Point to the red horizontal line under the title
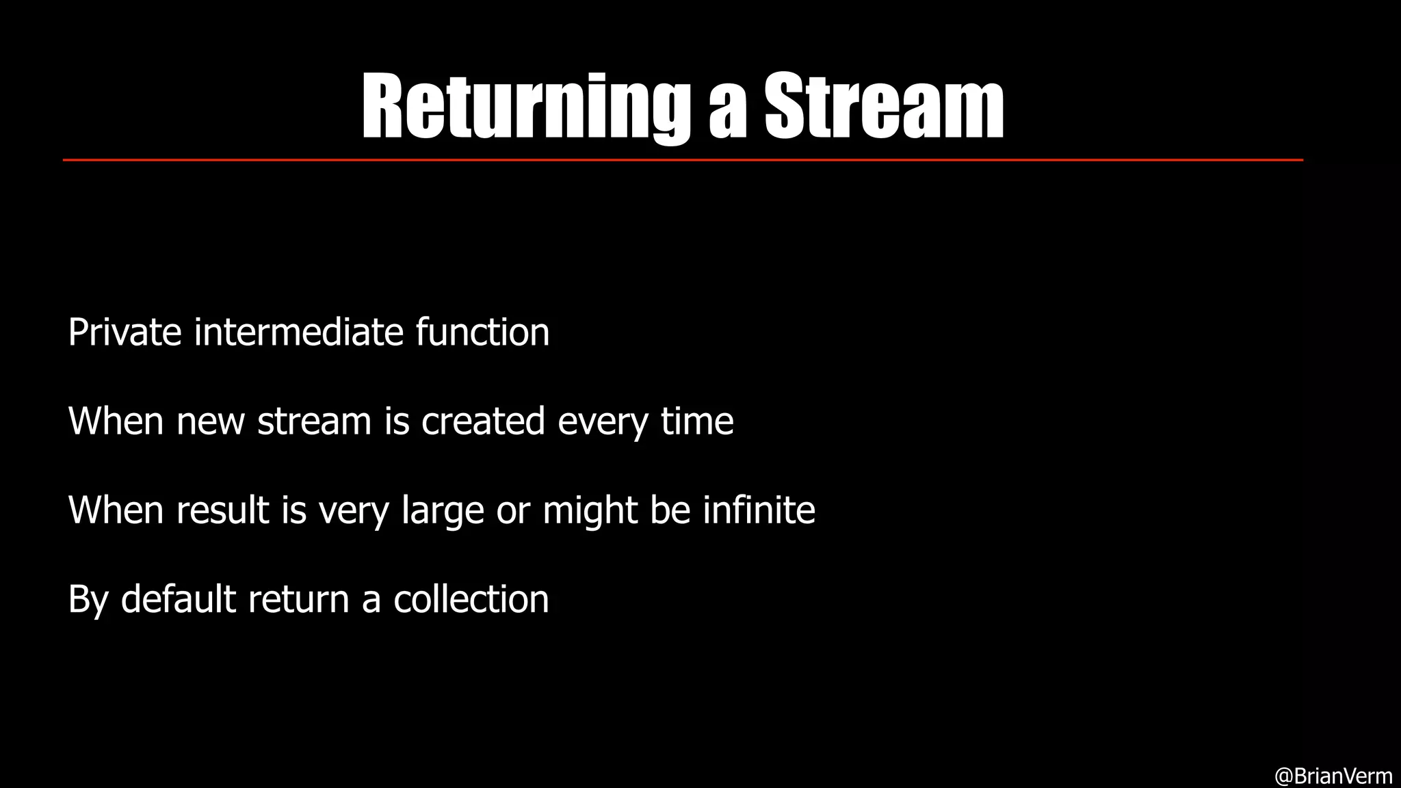click(683, 160)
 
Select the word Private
click(125, 332)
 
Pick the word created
click(483, 421)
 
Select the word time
click(697, 421)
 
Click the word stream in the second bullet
click(314, 421)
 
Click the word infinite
click(759, 510)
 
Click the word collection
click(471, 599)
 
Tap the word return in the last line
click(298, 601)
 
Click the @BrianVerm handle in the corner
click(1333, 776)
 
